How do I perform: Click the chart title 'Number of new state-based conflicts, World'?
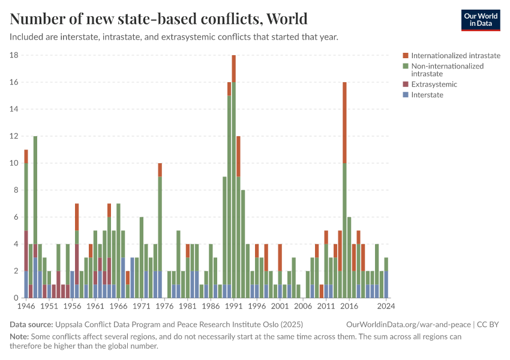158,19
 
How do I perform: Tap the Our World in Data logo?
481,20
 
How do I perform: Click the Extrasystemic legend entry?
434,85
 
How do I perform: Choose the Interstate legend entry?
427,95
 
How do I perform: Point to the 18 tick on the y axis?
14,55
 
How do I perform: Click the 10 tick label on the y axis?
14,163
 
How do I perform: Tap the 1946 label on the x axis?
26,306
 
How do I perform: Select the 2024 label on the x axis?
386,306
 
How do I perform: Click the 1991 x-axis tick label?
233,306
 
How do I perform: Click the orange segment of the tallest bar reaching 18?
233,68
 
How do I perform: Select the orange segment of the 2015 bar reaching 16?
344,122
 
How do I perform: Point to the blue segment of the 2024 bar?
386,284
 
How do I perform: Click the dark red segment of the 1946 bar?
26,251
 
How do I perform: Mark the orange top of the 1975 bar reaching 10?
160,170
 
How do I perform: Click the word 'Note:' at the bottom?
20,337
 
